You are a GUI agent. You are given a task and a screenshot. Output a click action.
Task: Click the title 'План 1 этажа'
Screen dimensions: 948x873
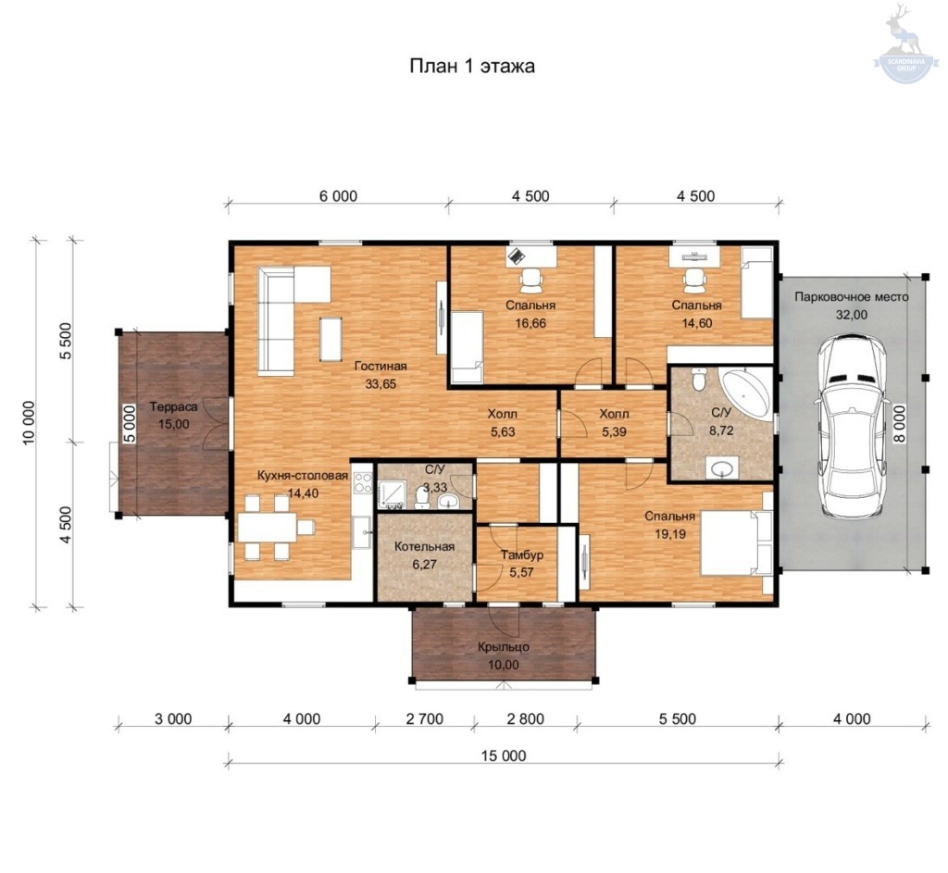point(471,66)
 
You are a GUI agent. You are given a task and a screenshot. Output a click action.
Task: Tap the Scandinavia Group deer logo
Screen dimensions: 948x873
point(905,43)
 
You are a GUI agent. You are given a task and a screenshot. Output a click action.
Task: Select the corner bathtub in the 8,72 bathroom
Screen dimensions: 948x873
point(747,394)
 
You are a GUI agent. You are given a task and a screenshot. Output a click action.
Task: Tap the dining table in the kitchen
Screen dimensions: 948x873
point(268,527)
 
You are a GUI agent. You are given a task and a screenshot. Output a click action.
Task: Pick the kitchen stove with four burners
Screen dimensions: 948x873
point(362,482)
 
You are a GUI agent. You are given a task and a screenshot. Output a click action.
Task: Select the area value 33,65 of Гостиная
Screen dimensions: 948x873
point(380,384)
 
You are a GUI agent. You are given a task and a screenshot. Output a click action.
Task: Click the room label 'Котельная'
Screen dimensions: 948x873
point(424,546)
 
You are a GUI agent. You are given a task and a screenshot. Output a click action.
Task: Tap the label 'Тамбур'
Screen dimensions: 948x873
point(522,555)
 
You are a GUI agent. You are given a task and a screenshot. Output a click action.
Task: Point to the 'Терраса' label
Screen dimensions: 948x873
point(173,407)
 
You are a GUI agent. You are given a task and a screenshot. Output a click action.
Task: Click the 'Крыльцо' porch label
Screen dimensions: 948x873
point(504,647)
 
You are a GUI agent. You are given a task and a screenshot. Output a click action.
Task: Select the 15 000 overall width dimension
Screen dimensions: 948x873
point(504,755)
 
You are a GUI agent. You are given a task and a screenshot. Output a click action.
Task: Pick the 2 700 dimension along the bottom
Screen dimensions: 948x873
point(424,718)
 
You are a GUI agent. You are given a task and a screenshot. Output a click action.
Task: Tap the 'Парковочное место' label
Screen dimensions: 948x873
point(852,297)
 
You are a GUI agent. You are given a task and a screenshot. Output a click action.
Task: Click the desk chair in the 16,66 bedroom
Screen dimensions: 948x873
point(531,279)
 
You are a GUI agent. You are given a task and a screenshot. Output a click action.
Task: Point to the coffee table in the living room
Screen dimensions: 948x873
point(331,339)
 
